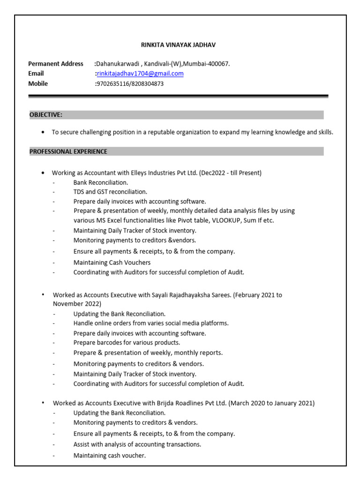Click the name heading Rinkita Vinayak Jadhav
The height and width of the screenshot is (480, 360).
(x=179, y=45)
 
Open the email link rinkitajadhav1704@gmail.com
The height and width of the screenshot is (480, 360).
(x=140, y=74)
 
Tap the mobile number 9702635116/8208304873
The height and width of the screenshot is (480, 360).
(x=130, y=84)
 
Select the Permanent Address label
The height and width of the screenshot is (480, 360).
(x=56, y=64)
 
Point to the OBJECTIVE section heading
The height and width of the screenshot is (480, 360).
(x=46, y=115)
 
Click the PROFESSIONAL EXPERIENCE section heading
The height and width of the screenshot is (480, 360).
(x=68, y=151)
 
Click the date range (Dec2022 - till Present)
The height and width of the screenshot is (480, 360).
(x=230, y=173)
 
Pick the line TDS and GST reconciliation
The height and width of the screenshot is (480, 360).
(x=110, y=192)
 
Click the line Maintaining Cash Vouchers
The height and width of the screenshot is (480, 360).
(x=112, y=262)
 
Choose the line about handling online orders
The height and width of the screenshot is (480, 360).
(x=151, y=323)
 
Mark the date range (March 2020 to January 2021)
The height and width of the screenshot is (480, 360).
(x=271, y=403)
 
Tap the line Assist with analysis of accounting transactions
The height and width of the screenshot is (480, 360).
(x=137, y=444)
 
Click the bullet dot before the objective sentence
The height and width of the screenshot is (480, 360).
(x=43, y=132)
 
